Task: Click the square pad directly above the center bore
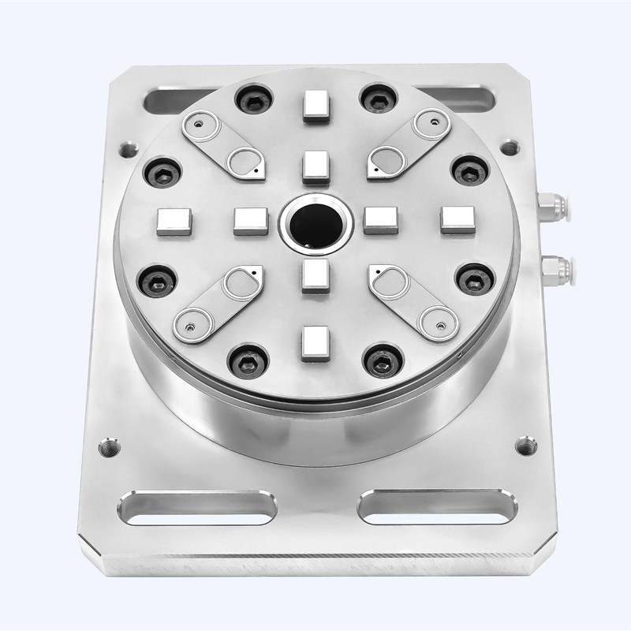[315, 166]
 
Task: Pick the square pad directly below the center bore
[315, 277]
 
